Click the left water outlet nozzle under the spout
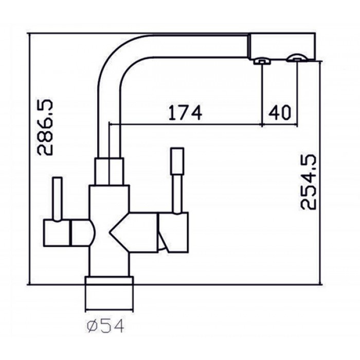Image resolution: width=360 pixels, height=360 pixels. tap(262, 62)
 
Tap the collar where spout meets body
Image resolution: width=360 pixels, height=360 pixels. tap(109, 171)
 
